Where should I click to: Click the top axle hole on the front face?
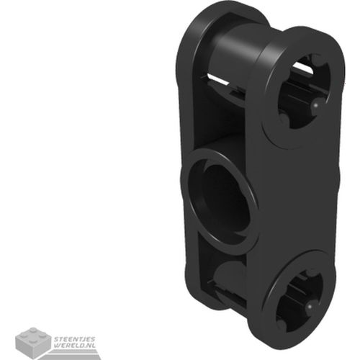(x=303, y=89)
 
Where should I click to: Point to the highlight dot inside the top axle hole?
(x=316, y=105)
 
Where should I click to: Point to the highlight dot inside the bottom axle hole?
(x=310, y=307)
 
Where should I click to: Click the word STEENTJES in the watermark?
(x=75, y=339)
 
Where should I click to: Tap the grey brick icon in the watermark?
(x=34, y=341)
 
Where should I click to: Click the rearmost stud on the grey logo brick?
(x=33, y=330)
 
